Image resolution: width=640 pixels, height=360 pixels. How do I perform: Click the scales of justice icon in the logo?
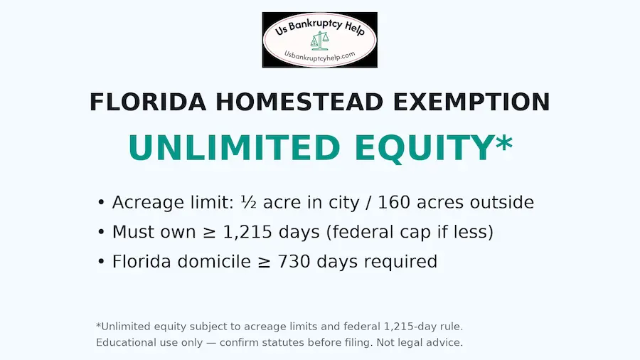tap(315, 41)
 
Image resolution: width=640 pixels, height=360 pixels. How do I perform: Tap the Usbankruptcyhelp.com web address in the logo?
tap(319, 55)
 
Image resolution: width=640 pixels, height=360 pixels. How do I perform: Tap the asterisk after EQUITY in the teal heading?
tap(503, 142)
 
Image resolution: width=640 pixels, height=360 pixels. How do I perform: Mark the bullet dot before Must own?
tap(101, 233)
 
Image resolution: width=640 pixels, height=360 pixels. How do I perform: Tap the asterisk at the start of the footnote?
tap(98, 325)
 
